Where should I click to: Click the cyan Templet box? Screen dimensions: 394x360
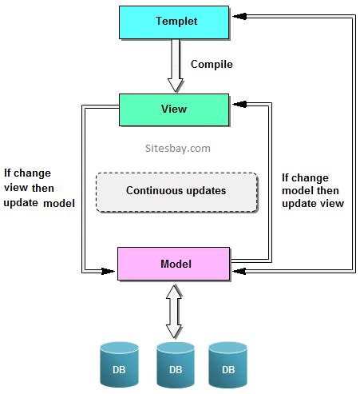pyautogui.click(x=175, y=22)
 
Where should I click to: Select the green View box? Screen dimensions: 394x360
pyautogui.click(x=175, y=109)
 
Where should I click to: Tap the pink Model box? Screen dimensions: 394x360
pyautogui.click(x=175, y=263)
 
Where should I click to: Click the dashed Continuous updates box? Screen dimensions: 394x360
pyautogui.click(x=176, y=191)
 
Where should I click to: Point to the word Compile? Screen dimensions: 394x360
pyautogui.click(x=212, y=64)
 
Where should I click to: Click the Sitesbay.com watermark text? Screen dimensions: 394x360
pyautogui.click(x=172, y=148)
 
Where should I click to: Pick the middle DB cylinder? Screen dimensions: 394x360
pyautogui.click(x=176, y=364)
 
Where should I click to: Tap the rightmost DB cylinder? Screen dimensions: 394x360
pyautogui.click(x=228, y=364)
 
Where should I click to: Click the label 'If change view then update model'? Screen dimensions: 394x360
pyautogui.click(x=39, y=187)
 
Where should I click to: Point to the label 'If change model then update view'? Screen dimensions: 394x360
pyautogui.click(x=313, y=190)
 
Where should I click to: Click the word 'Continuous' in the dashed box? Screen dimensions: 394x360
pyautogui.click(x=153, y=191)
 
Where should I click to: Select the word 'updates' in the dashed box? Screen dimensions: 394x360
pyautogui.click(x=205, y=191)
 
